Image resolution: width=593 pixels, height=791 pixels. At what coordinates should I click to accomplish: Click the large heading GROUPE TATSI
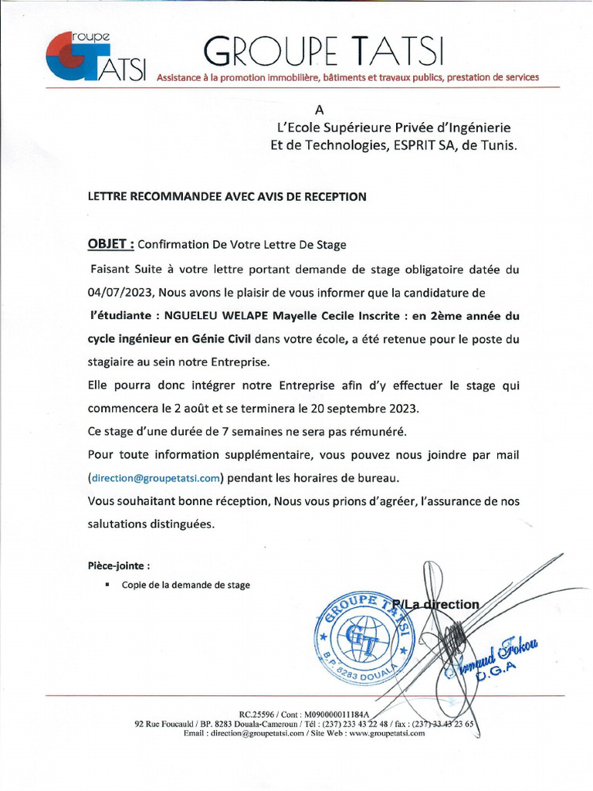[324, 51]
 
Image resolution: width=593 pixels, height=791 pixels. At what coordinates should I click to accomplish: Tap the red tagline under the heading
[347, 78]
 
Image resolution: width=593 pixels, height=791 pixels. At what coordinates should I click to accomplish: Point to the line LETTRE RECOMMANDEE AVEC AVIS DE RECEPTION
[227, 197]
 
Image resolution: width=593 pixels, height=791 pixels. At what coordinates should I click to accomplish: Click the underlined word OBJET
[110, 244]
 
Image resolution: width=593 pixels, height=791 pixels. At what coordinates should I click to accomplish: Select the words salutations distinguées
[150, 523]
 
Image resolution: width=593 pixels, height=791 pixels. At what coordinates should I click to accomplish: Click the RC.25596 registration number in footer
[258, 715]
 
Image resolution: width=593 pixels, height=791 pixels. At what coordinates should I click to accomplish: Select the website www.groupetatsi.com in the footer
[387, 734]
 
